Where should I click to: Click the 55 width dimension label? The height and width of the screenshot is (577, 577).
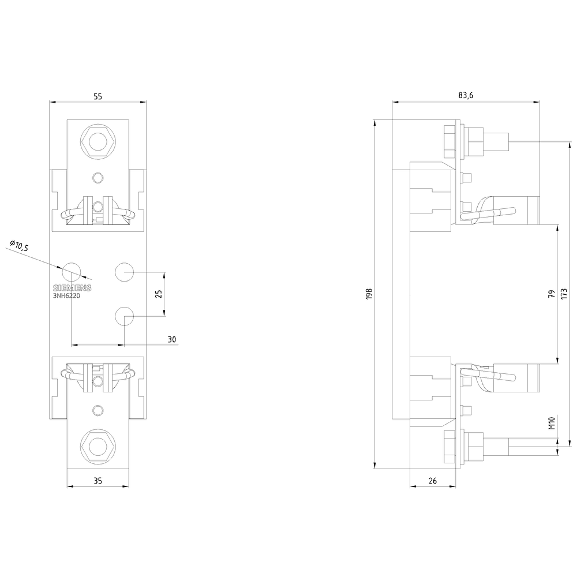(97, 97)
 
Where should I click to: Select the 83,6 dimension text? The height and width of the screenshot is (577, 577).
(466, 95)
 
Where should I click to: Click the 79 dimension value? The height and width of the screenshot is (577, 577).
(552, 294)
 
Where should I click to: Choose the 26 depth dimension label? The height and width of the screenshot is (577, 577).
(433, 480)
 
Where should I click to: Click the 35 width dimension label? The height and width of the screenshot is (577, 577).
(97, 480)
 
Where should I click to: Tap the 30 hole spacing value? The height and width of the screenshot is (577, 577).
(171, 339)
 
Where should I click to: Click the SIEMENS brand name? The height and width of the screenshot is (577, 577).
(72, 288)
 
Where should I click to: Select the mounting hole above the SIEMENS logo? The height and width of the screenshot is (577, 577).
(72, 269)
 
